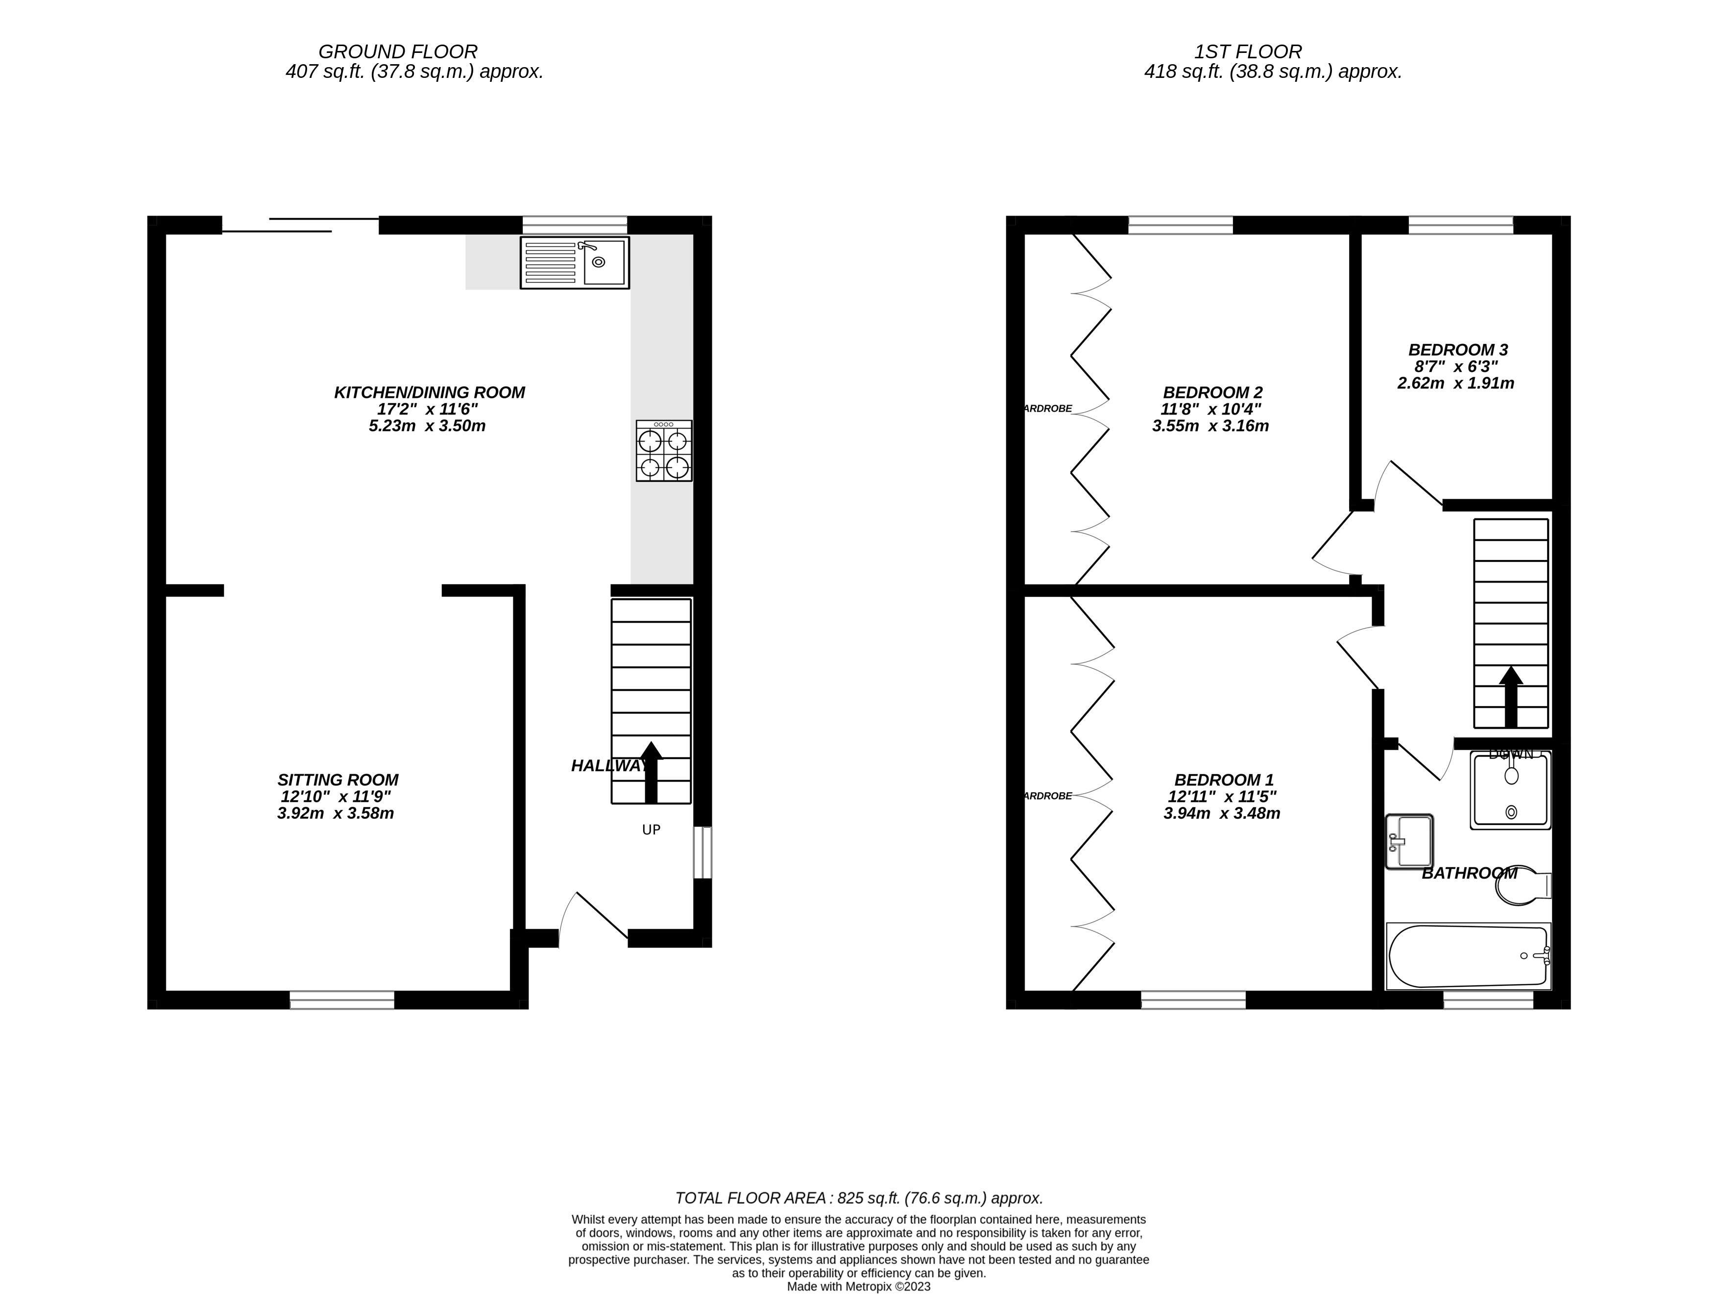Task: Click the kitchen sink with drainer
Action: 574,263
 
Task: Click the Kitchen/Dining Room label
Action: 430,392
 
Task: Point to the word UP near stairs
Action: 651,830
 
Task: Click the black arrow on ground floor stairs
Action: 651,772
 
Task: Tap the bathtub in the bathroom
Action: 1467,956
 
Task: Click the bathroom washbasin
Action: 1409,841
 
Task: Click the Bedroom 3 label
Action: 1458,349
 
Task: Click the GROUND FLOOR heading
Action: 398,52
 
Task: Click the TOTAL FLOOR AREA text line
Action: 858,1197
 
